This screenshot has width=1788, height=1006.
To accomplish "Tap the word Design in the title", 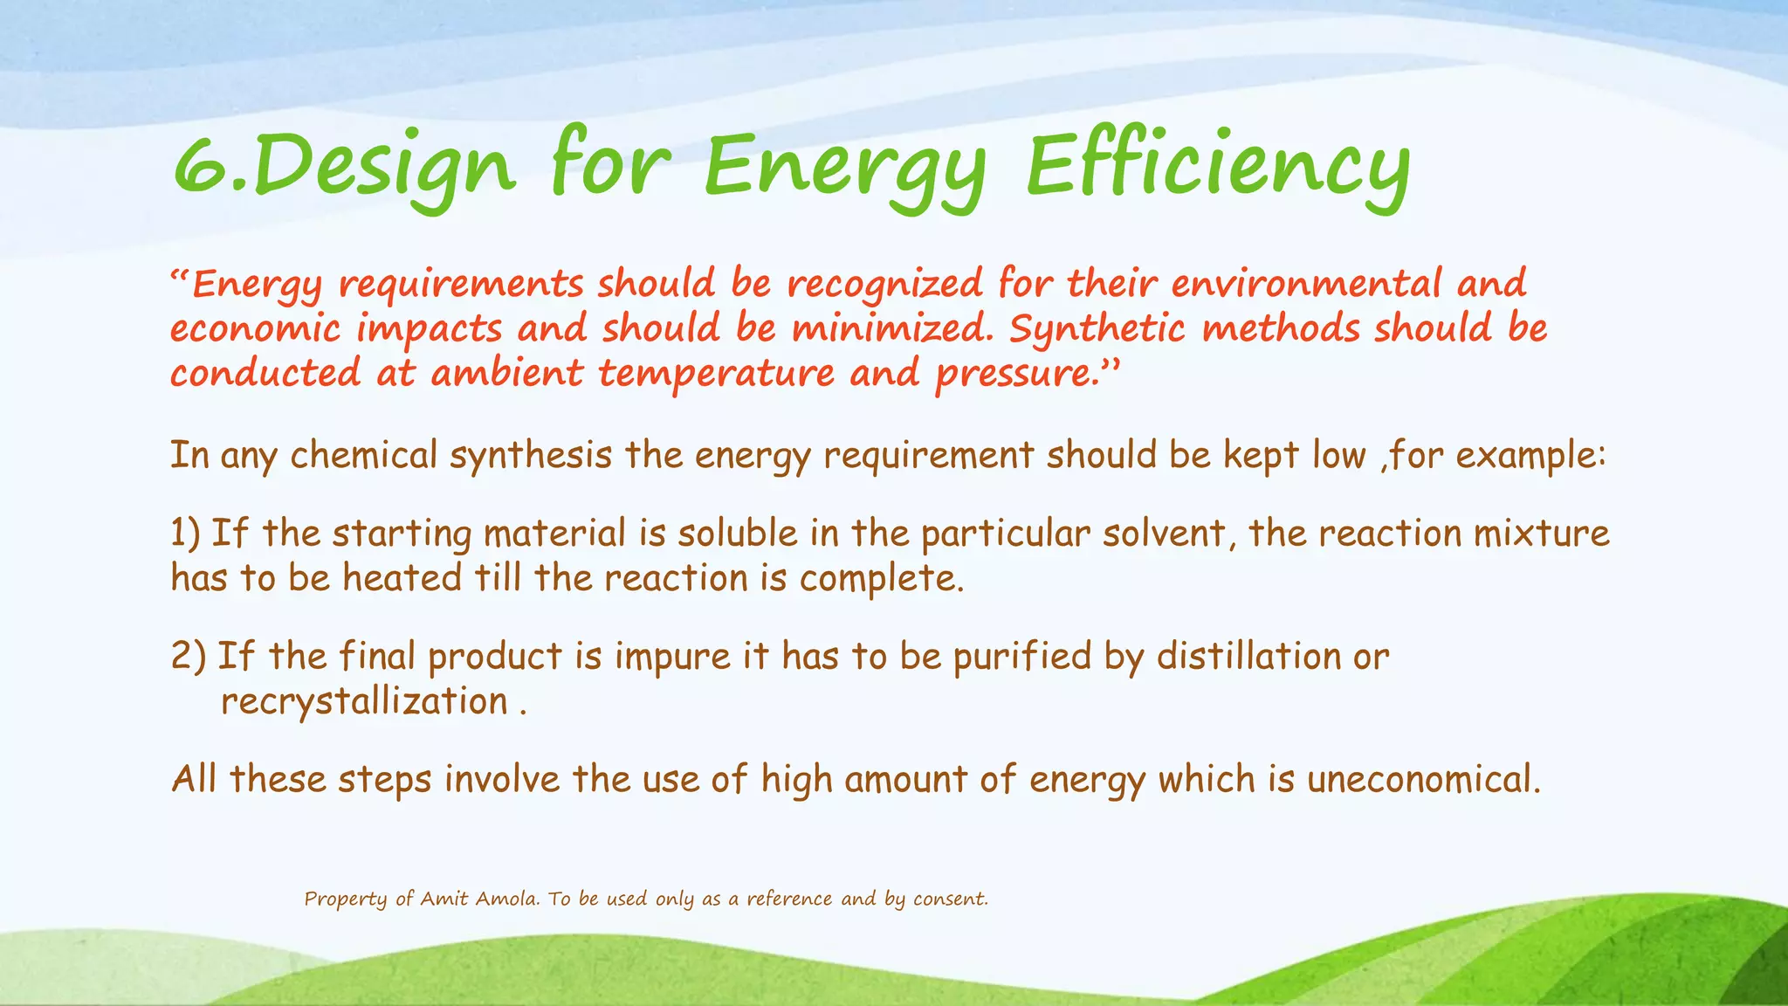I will pyautogui.click(x=384, y=168).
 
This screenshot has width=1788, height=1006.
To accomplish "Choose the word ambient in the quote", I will pyautogui.click(x=506, y=374).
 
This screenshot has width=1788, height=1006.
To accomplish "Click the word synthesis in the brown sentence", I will pyautogui.click(x=531, y=456).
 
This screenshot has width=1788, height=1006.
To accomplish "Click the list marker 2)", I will pyautogui.click(x=188, y=657).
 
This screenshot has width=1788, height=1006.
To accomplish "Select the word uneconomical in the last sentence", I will pyautogui.click(x=1423, y=779).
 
